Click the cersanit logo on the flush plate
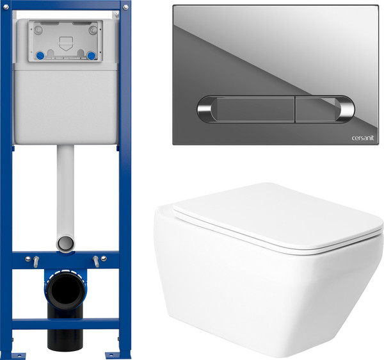[362, 138]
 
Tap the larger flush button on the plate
[255, 109]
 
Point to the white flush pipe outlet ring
[66, 243]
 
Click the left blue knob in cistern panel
[40, 56]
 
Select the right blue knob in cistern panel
[92, 56]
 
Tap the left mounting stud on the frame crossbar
[36, 261]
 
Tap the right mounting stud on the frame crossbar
[96, 261]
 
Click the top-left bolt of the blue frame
[6, 7]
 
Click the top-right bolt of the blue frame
[125, 7]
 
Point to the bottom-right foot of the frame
[116, 355]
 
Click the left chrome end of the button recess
[206, 109]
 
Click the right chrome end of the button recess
[346, 110]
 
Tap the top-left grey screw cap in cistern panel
[38, 30]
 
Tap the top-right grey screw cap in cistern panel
[93, 30]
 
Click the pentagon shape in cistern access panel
[66, 44]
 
